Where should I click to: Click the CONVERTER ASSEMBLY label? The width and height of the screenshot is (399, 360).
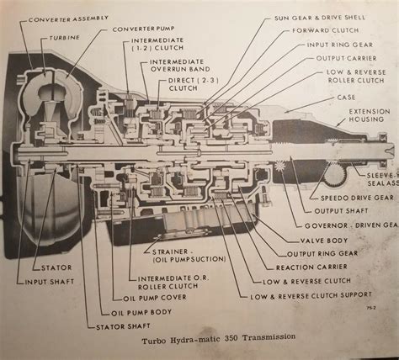[x=64, y=16]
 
